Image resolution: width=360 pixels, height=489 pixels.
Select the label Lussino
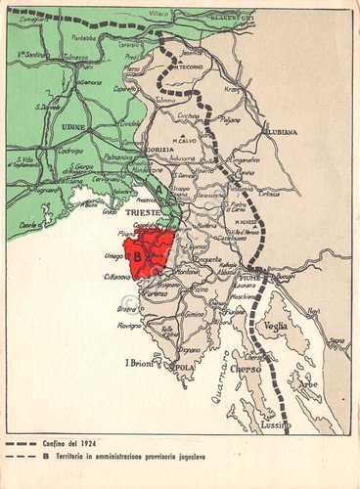[x=278, y=426]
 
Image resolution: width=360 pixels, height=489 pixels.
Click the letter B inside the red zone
[x=137, y=257]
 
